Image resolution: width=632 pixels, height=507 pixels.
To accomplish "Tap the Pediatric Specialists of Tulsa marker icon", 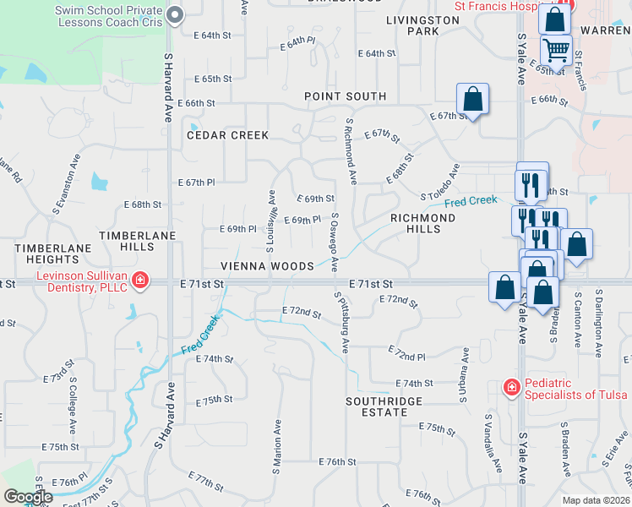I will pos(511,388).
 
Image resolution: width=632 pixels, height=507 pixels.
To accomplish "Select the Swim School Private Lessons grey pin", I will pos(176,14).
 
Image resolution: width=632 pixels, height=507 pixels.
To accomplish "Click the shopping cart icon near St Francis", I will pos(556,50).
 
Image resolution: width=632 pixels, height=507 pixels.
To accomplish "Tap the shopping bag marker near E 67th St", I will pos(473,98).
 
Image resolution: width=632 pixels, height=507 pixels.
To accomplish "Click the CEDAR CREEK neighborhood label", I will pos(227,135).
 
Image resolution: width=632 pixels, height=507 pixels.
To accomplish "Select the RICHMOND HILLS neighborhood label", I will pos(422,224).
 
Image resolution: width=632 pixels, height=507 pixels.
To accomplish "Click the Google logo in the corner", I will pos(28,497).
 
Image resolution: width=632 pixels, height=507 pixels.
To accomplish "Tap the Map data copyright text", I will pos(596,500).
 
